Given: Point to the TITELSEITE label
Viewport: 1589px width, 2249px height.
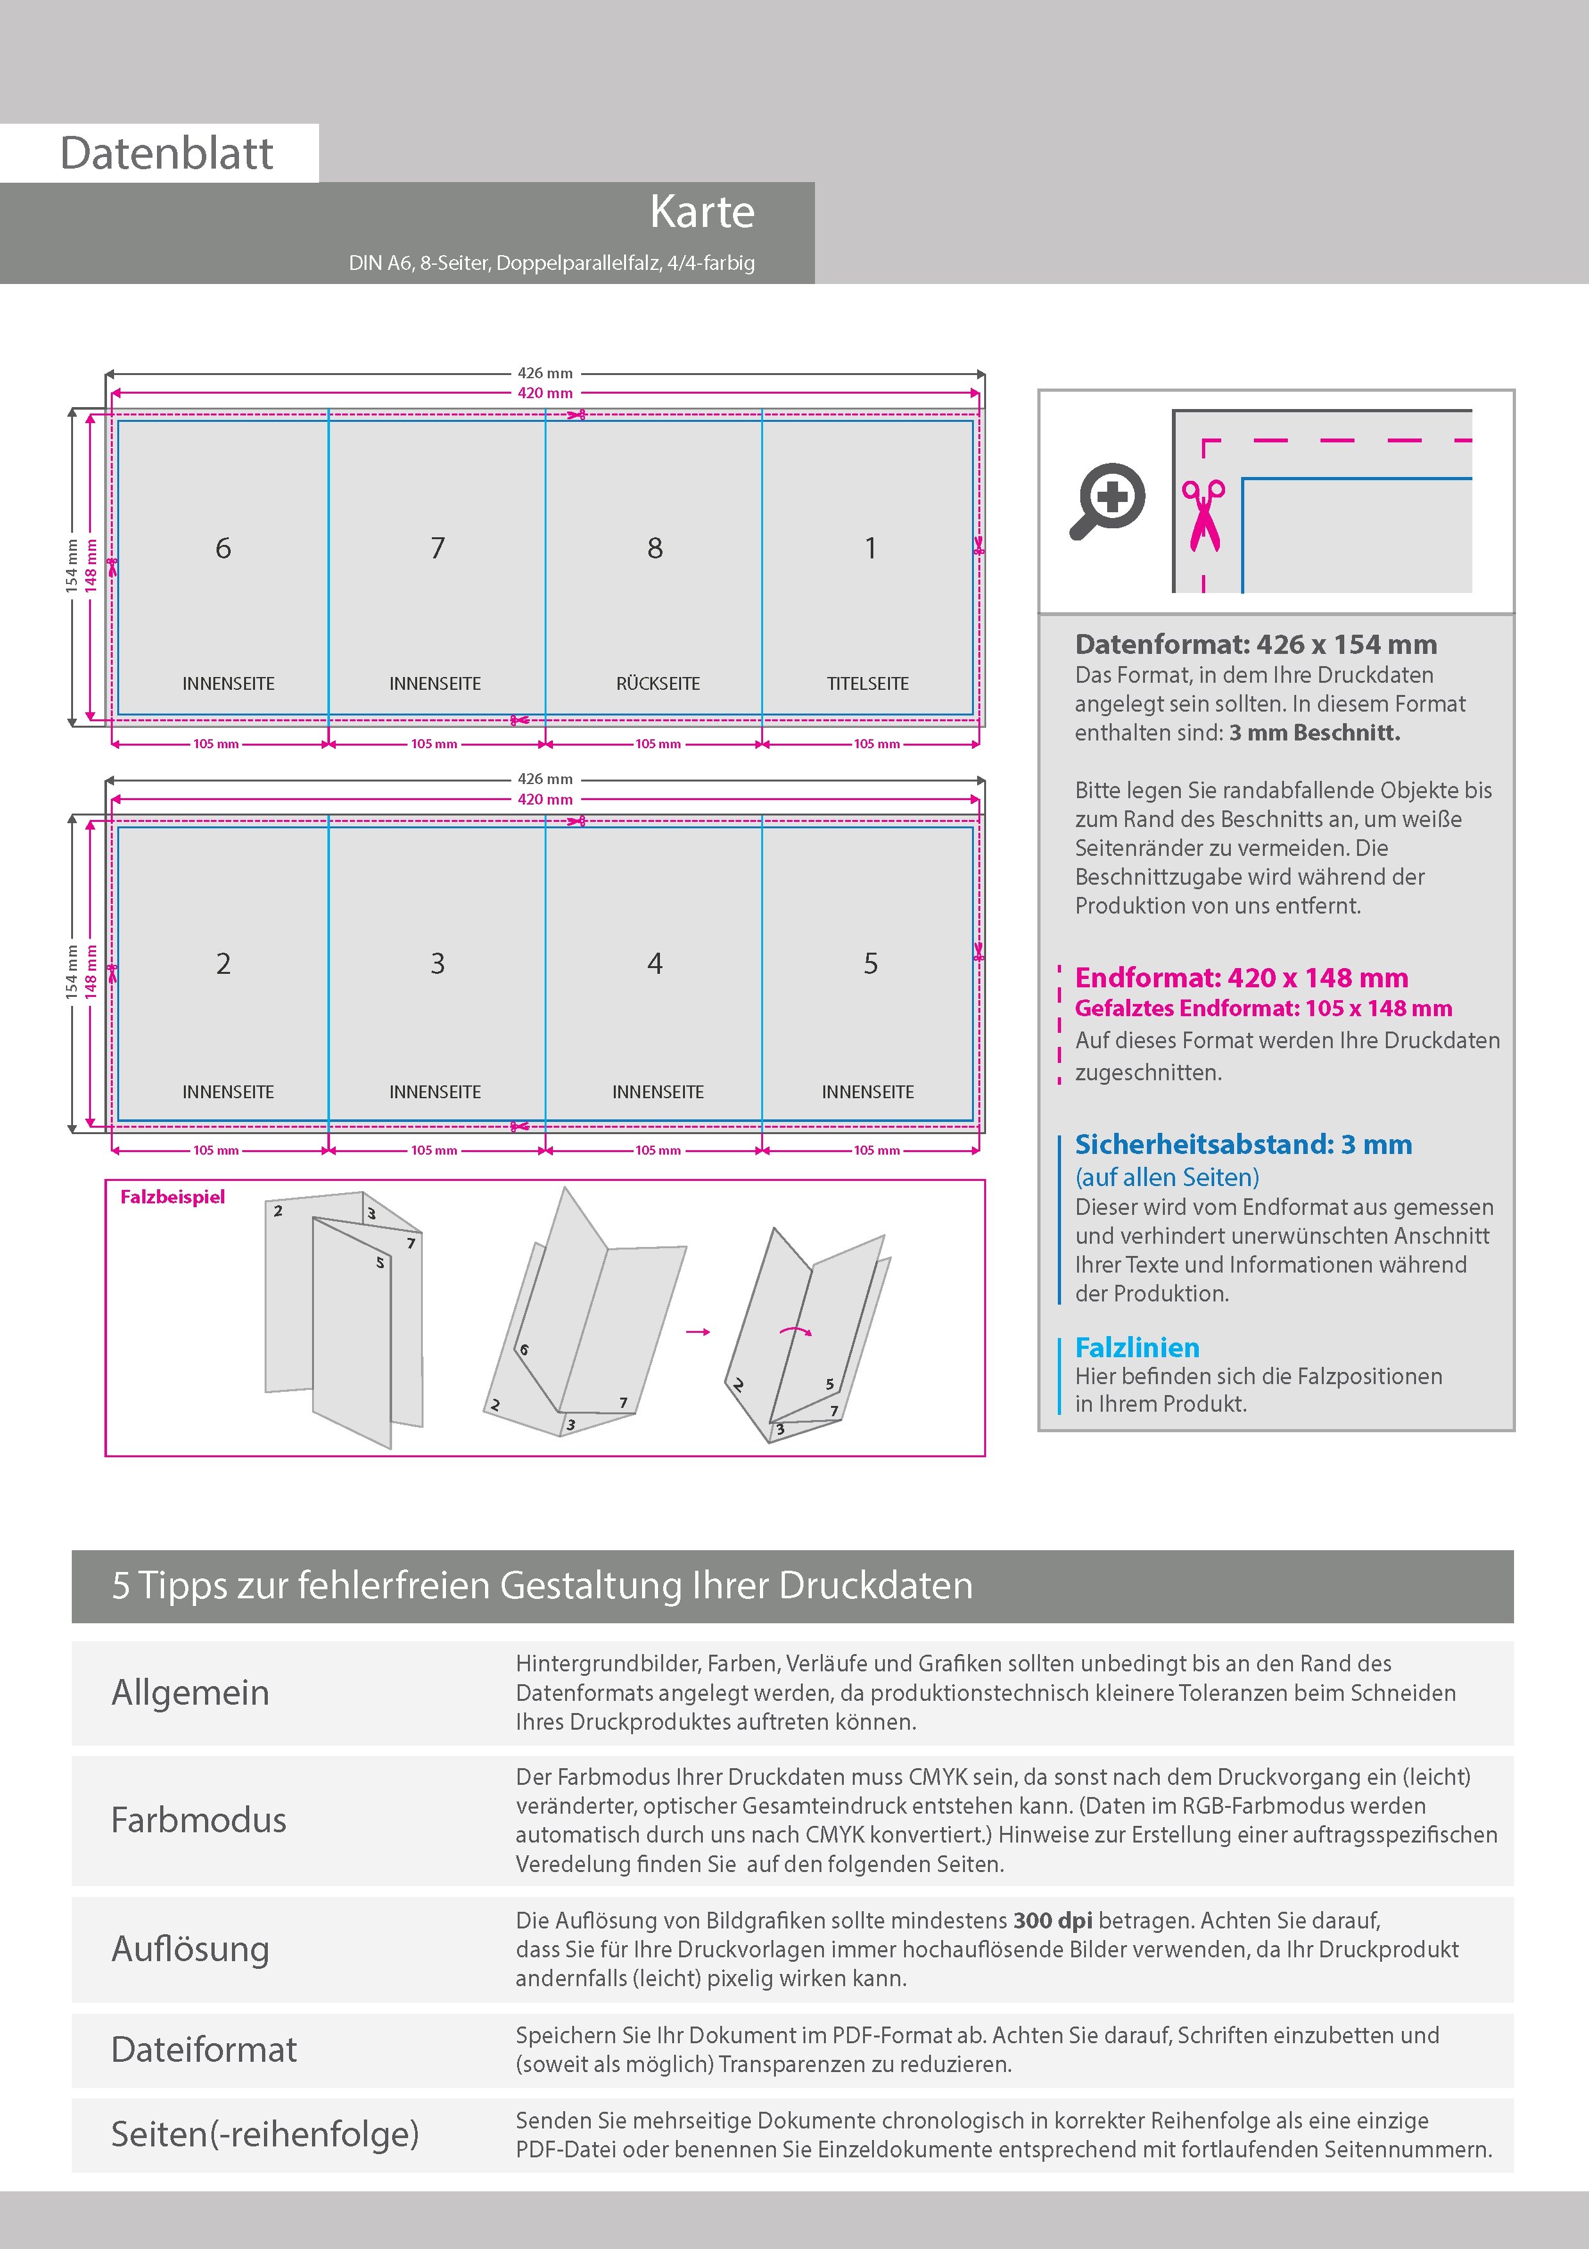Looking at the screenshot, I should point(868,683).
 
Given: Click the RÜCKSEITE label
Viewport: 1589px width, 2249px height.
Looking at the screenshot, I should point(658,683).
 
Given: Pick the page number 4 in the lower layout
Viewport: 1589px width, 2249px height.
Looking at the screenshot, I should point(655,964).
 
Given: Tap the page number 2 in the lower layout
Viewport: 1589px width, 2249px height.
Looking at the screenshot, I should point(223,964).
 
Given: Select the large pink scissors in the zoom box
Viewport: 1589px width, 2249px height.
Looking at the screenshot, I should point(1203,514).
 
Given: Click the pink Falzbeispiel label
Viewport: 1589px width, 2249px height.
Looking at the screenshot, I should point(172,1197).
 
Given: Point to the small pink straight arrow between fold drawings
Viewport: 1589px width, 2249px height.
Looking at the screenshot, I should point(698,1332).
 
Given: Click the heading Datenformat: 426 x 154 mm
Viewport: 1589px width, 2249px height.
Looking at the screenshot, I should point(1256,644).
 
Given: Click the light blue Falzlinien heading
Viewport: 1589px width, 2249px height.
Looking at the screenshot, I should point(1137,1347).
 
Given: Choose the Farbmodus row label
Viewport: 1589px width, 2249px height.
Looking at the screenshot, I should point(199,1820).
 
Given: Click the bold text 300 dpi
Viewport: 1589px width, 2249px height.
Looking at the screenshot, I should point(1053,1920).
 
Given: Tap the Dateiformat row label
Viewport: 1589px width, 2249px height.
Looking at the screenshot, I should point(204,2049).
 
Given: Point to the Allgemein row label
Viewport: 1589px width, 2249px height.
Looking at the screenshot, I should point(190,1693).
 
